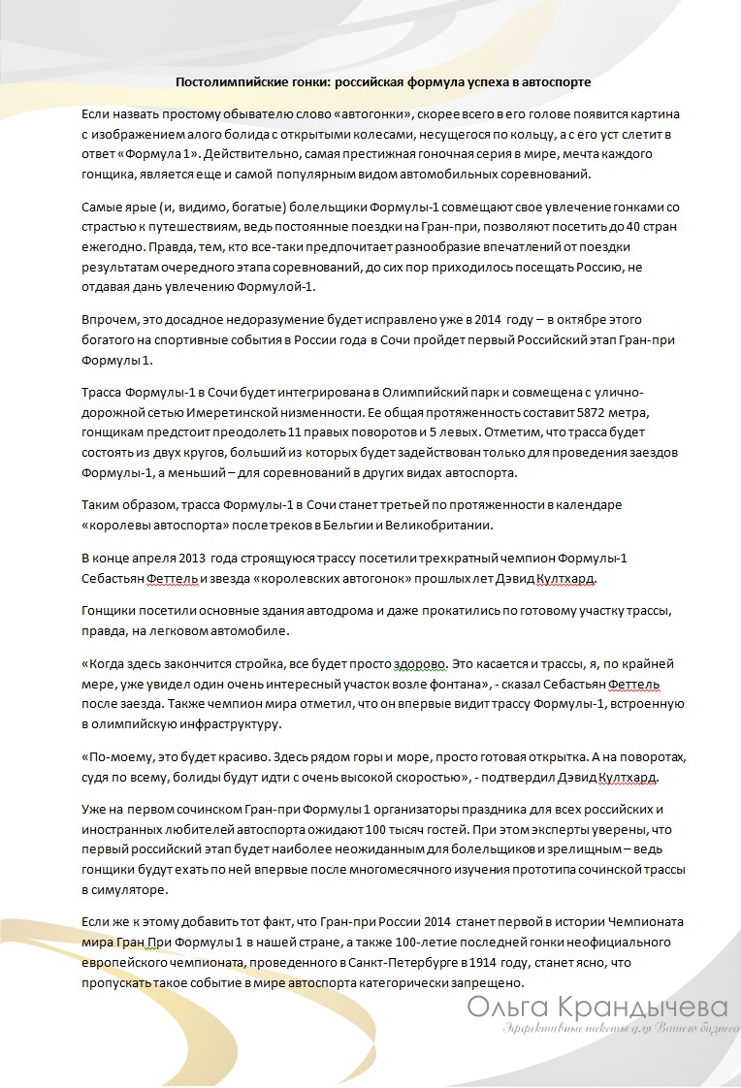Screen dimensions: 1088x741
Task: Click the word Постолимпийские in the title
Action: click(224, 83)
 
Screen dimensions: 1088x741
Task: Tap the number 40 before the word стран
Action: click(635, 228)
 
